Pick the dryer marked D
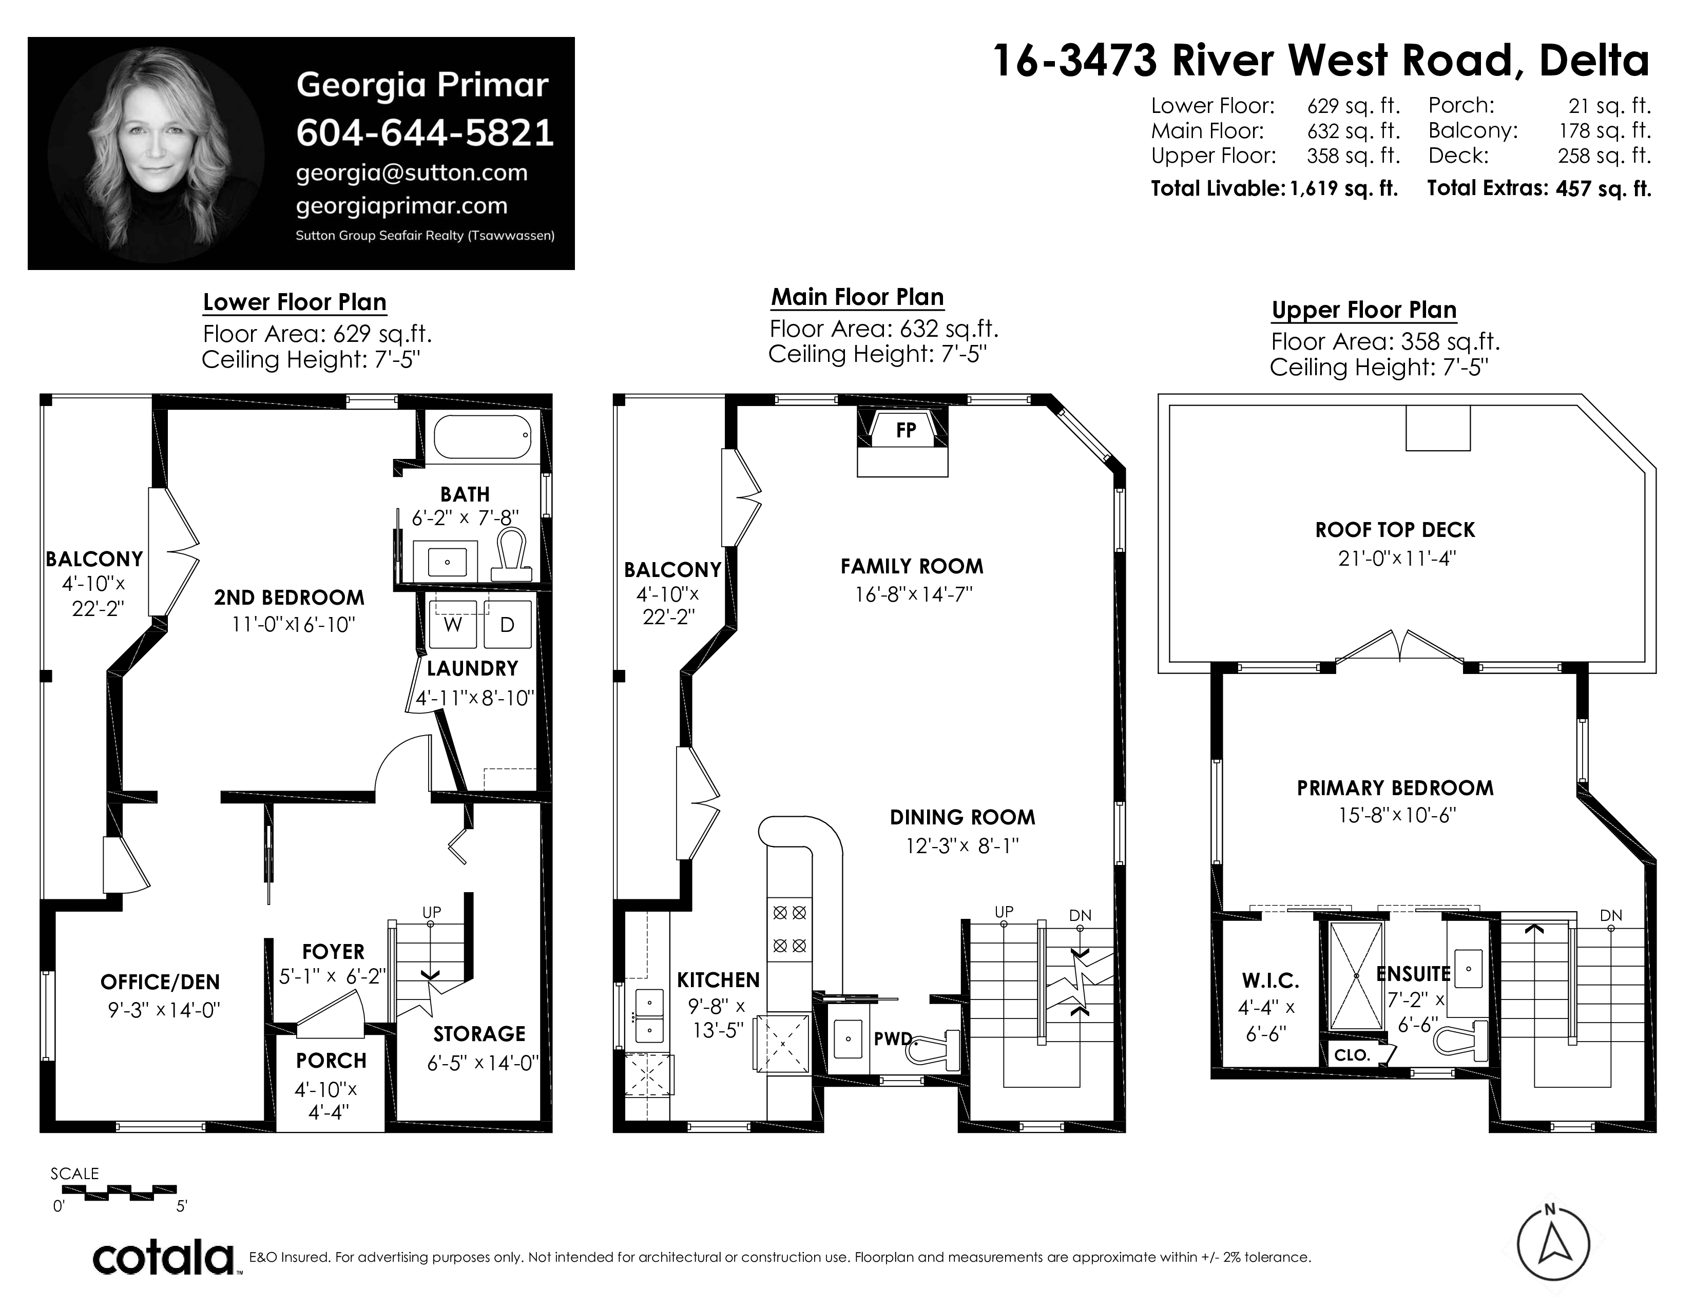(507, 624)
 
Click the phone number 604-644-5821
(425, 132)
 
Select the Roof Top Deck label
(1395, 530)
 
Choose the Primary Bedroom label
(1395, 788)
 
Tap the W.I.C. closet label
(1270, 981)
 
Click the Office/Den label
(161, 983)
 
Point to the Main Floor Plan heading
(857, 297)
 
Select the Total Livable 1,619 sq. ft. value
(1344, 188)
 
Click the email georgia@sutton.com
(412, 173)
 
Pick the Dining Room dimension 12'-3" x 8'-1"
(962, 845)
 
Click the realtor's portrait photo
(156, 153)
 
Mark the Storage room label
(479, 1034)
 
